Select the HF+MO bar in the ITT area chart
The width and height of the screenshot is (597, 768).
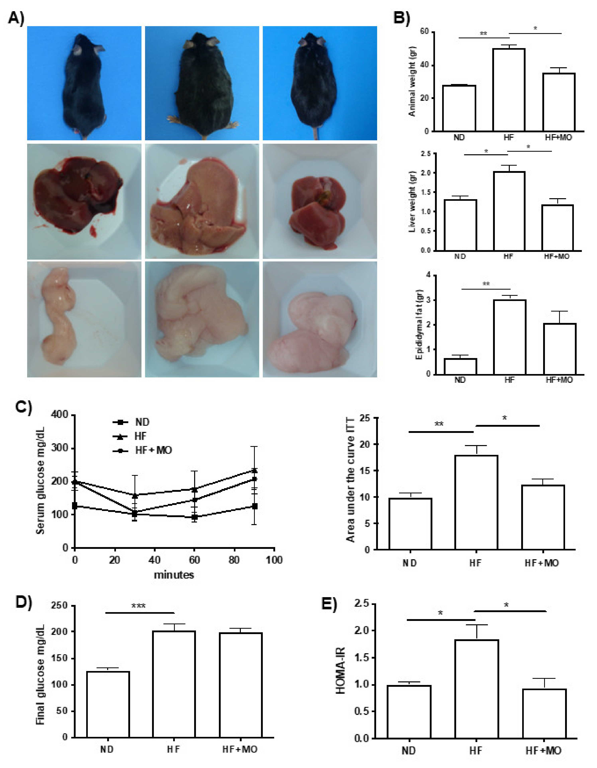543,517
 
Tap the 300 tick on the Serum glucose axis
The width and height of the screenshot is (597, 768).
60,448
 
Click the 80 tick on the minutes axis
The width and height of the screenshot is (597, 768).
234,560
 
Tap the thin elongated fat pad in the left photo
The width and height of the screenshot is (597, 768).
60,317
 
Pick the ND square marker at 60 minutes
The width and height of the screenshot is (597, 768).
194,517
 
